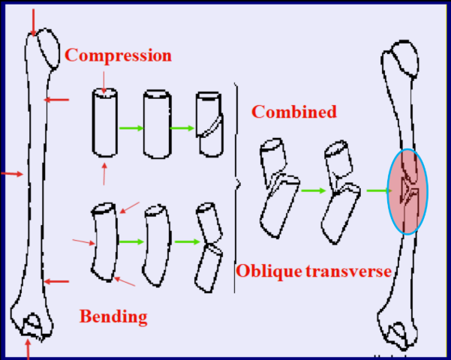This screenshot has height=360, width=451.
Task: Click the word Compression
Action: click(118, 55)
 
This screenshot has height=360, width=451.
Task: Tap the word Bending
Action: click(113, 316)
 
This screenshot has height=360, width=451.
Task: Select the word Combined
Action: click(293, 112)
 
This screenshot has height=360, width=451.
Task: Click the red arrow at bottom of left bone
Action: click(29, 348)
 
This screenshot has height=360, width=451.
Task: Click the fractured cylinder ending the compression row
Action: click(208, 125)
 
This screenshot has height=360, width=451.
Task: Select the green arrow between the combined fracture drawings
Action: click(314, 190)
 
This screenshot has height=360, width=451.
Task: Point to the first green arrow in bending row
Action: click(131, 242)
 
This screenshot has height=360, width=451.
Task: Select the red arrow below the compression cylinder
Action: click(104, 172)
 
